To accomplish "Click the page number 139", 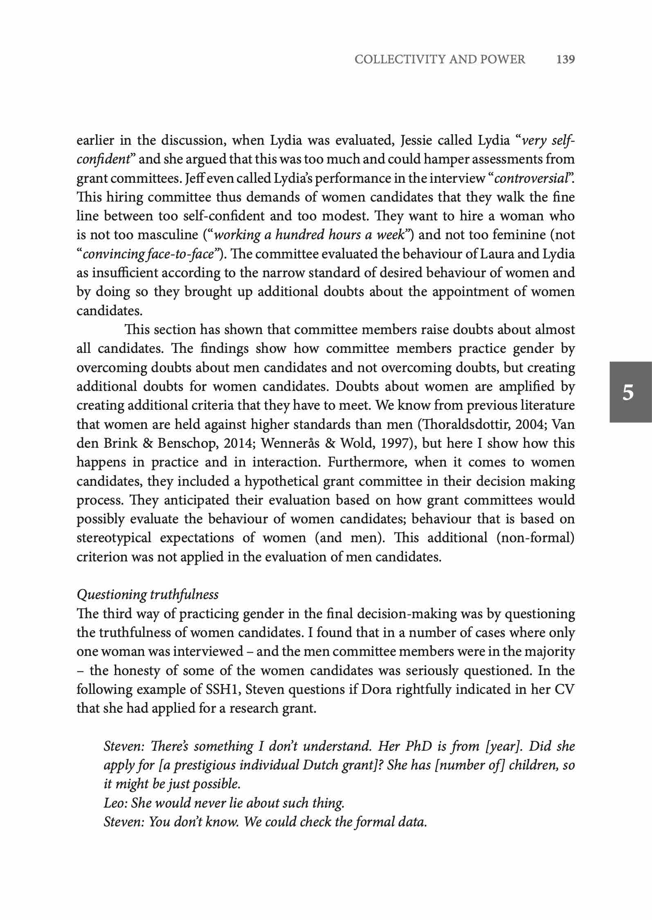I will click(x=566, y=60).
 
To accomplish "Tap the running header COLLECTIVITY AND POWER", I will click(x=440, y=60).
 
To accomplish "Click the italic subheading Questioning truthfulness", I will click(x=148, y=594).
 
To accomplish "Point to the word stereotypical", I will click(x=114, y=538).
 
